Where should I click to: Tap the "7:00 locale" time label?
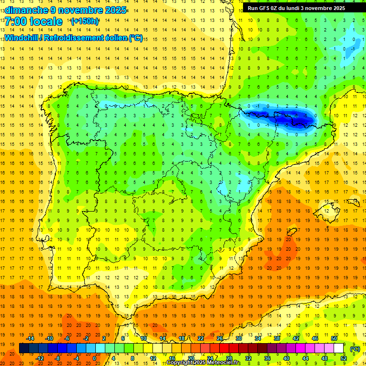click(33, 21)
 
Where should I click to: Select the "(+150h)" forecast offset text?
click(85, 21)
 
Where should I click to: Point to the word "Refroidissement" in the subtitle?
click(74, 38)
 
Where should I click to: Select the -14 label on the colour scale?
click(30, 338)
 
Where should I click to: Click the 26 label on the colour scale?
click(220, 338)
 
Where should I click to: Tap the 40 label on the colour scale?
click(286, 358)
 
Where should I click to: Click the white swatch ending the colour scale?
click(338, 348)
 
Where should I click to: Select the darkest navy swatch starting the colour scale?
click(24, 348)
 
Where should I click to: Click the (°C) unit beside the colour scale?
click(355, 348)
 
